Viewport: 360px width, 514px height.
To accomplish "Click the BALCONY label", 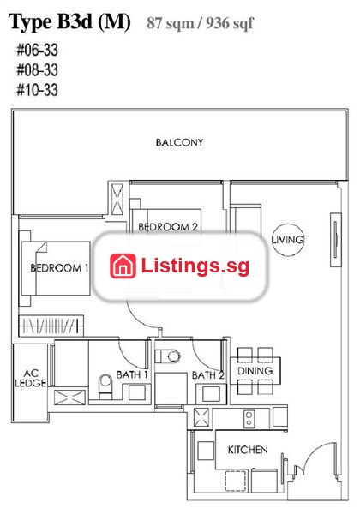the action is point(179,142).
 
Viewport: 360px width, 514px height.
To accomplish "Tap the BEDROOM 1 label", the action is point(59,268).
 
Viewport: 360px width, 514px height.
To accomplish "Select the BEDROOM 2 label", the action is point(168,227).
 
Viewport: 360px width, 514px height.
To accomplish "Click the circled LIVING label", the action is point(288,240).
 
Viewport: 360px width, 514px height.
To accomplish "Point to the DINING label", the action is point(255,371).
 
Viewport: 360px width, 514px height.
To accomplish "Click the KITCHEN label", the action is point(248,450).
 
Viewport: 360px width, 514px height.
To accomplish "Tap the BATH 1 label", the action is point(133,374).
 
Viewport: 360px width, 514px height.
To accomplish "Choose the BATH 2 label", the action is point(208,375).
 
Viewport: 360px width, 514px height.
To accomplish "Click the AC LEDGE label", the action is point(31,378).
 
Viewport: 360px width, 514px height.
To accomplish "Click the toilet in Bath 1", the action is point(105,386).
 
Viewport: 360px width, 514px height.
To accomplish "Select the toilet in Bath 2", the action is point(167,356).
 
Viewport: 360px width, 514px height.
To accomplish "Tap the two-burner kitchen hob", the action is point(249,419).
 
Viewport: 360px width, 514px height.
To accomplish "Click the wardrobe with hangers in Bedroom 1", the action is point(51,326).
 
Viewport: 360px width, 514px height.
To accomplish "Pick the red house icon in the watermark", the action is point(123,266).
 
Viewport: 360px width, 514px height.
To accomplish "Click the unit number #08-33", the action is point(38,70).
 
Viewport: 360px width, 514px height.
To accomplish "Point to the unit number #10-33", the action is point(38,90).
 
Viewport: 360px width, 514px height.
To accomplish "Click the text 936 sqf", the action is point(230,23).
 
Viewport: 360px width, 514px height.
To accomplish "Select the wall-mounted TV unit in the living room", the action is point(335,240).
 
